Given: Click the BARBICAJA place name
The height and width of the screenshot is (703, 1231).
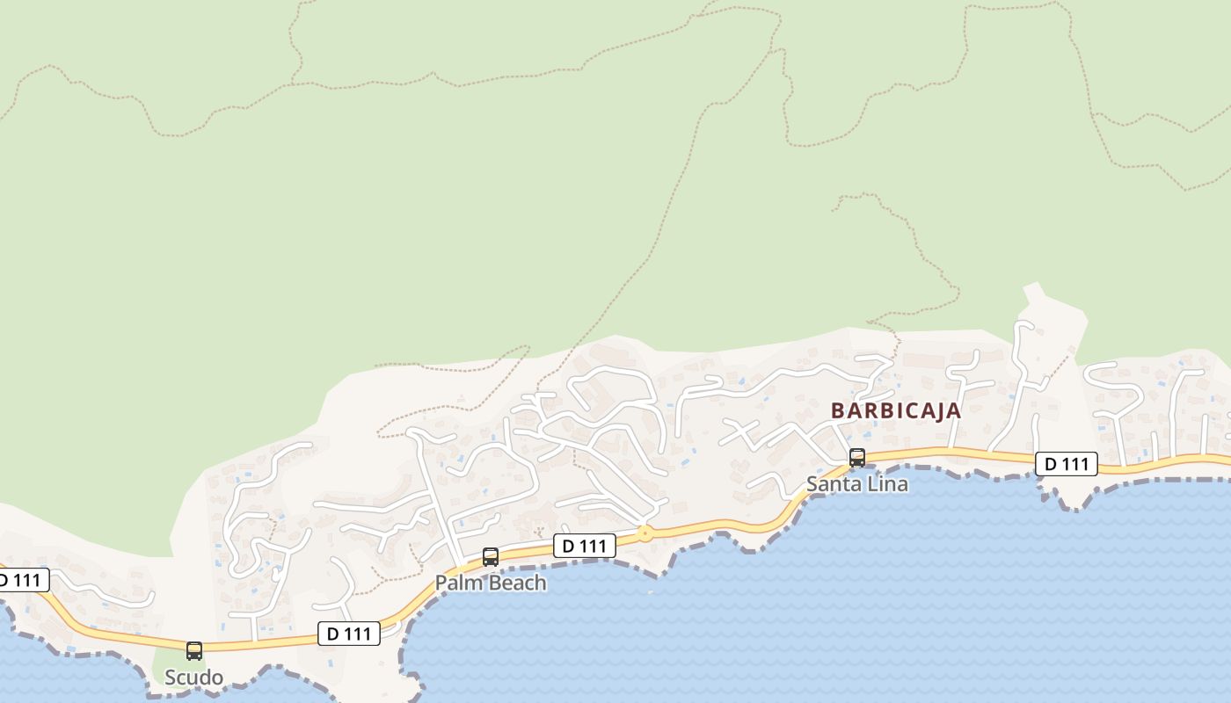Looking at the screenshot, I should [x=895, y=410].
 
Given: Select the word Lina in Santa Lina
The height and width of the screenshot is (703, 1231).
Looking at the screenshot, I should [x=885, y=484].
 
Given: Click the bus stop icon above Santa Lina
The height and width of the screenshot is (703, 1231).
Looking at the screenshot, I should [x=856, y=458].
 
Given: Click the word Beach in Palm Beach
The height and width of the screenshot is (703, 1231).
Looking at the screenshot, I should [x=516, y=583].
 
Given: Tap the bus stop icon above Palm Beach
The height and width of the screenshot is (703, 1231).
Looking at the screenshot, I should [x=491, y=557].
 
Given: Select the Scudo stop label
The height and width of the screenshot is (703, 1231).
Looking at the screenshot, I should [x=193, y=678].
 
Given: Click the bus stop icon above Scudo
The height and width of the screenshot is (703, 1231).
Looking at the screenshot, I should [x=194, y=651].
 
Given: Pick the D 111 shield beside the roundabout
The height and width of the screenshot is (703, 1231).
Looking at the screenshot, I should [x=584, y=546].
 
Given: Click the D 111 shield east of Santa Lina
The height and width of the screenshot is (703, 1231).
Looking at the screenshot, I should [x=1066, y=464].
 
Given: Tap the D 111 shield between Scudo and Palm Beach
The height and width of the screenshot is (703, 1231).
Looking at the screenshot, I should [x=349, y=634].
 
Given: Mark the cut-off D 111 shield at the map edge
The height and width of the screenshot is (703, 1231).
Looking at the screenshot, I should [x=21, y=580].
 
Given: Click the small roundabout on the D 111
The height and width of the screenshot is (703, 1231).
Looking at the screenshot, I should [x=645, y=533].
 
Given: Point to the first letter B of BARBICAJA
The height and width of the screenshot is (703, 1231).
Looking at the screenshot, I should [x=838, y=410].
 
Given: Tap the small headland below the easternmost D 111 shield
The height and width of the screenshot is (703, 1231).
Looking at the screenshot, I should [x=1073, y=499].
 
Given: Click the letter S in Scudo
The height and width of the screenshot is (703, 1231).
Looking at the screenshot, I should [x=171, y=678].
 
